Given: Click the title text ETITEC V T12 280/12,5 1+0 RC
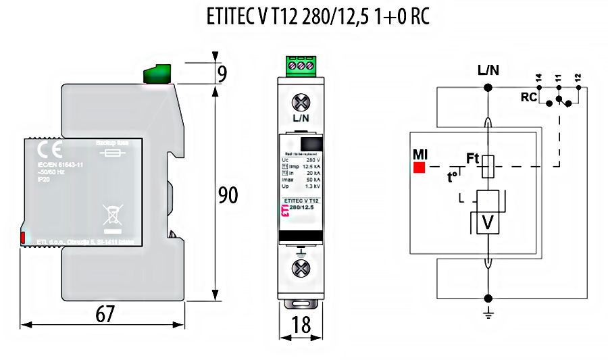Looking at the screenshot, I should [x=318, y=18].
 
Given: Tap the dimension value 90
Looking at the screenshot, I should [x=228, y=195].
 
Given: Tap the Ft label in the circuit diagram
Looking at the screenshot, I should [x=473, y=159].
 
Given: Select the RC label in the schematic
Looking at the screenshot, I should [x=529, y=97].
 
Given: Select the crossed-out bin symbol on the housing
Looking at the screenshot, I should [x=110, y=215].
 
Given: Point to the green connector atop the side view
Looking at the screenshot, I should [x=157, y=73].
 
